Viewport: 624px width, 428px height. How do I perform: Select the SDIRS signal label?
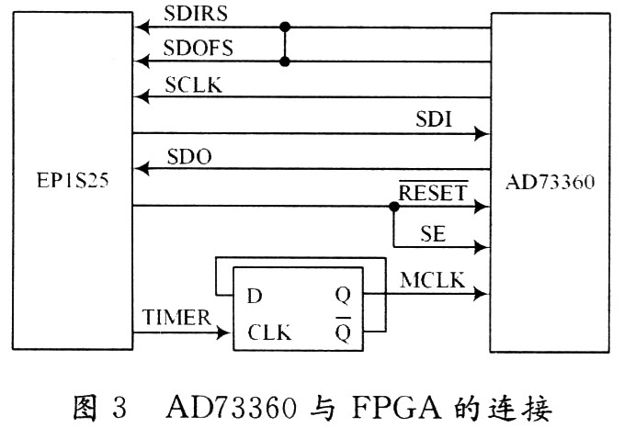click(196, 16)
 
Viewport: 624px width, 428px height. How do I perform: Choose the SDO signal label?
click(189, 157)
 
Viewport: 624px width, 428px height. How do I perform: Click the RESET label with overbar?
click(433, 194)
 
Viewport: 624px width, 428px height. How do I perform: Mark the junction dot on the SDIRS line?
click(286, 28)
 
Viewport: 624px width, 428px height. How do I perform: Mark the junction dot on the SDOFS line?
click(286, 62)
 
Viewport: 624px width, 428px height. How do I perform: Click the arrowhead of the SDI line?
click(481, 134)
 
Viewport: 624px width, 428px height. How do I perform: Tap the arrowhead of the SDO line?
click(141, 169)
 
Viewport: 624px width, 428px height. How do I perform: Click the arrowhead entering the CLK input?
click(225, 332)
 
